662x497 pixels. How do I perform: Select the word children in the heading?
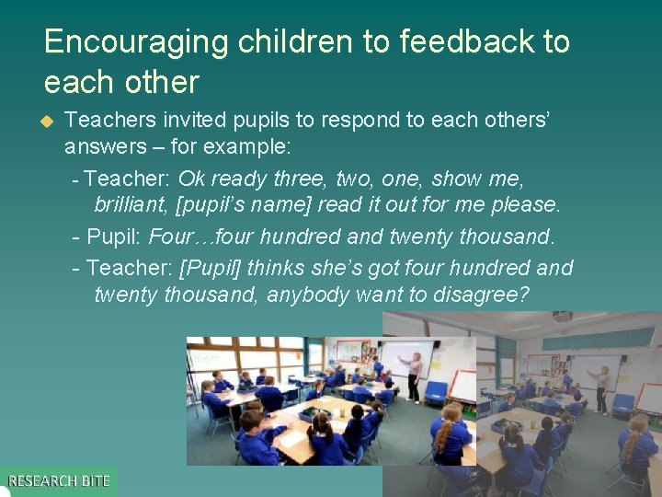point(274,42)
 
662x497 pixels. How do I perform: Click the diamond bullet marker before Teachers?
point(49,121)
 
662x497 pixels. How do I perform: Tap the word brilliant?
point(131,204)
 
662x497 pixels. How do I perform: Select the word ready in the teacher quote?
point(240,178)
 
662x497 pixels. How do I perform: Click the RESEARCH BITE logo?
point(59,480)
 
